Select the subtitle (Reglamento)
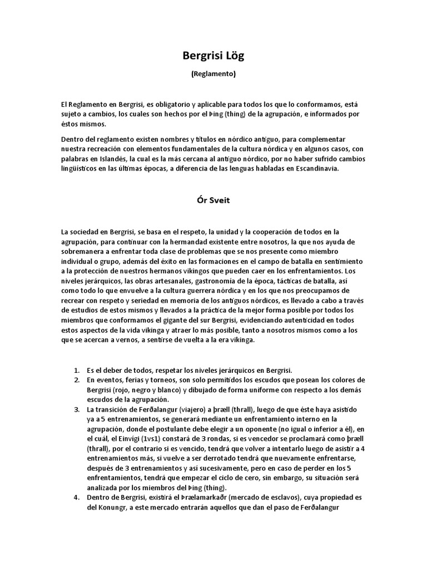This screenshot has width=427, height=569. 213,74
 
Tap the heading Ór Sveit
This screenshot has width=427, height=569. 213,201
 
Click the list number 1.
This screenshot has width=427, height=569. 76,370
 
